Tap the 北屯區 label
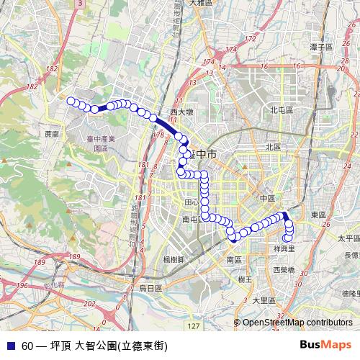coord(282,110)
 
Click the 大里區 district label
coord(264,300)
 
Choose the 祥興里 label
coord(286,248)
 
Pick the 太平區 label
coord(348,238)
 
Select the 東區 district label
coord(318,215)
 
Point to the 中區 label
coord(268,198)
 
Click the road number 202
coord(88,304)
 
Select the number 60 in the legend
coord(27,346)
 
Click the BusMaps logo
coord(326,345)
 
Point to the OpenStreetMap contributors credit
coord(297,323)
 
